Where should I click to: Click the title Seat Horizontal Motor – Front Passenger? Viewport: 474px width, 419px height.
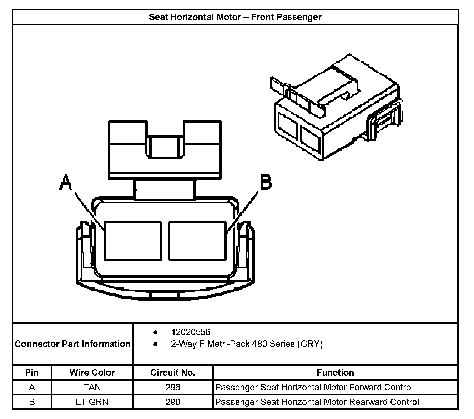[235, 17]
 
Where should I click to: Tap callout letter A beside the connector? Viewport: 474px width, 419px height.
[66, 182]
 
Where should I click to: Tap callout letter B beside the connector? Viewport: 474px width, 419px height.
[266, 182]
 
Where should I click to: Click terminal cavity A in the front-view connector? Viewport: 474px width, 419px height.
[132, 241]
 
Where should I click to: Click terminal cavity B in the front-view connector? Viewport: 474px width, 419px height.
[197, 241]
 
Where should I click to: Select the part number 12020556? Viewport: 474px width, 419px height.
[191, 332]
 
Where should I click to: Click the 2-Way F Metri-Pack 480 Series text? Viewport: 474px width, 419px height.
[247, 344]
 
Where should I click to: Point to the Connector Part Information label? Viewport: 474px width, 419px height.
[72, 344]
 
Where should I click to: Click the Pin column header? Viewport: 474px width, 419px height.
[32, 373]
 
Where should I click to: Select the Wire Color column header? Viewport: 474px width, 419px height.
[92, 373]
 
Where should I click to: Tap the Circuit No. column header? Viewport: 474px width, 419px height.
[173, 373]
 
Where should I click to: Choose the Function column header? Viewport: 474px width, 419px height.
[335, 373]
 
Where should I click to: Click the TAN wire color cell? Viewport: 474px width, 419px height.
[92, 387]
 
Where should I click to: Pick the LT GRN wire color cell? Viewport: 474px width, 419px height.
[92, 402]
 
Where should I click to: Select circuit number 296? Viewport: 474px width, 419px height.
[173, 387]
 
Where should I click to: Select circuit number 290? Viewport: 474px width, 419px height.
[173, 402]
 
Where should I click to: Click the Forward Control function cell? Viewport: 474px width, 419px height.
[314, 387]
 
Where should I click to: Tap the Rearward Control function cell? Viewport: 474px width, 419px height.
[317, 402]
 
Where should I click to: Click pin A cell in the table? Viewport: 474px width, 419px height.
[32, 387]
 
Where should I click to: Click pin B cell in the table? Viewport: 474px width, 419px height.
[32, 402]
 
